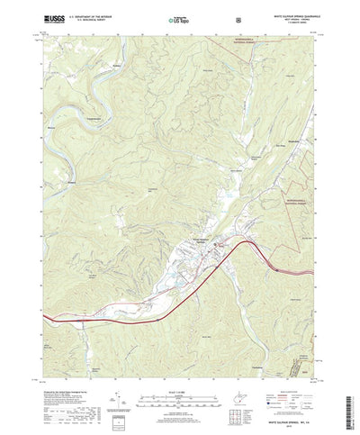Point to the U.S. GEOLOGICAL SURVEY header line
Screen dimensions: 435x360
(83, 19)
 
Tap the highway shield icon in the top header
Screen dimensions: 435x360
(237, 17)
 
